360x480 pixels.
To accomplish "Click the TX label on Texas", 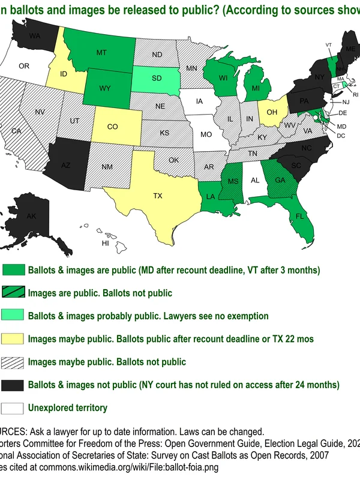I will pyautogui.click(x=158, y=196).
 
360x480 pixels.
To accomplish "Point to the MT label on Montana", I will pyautogui.click(x=101, y=53).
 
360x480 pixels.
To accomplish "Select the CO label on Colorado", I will pyautogui.click(x=113, y=127).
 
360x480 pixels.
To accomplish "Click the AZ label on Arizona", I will pyautogui.click(x=66, y=165).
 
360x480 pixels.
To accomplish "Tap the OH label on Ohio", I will pyautogui.click(x=272, y=112).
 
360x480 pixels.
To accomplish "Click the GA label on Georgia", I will pyautogui.click(x=280, y=178).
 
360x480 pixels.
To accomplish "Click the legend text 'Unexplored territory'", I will pyautogui.click(x=68, y=408).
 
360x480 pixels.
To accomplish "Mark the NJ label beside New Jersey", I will pyautogui.click(x=346, y=102).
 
